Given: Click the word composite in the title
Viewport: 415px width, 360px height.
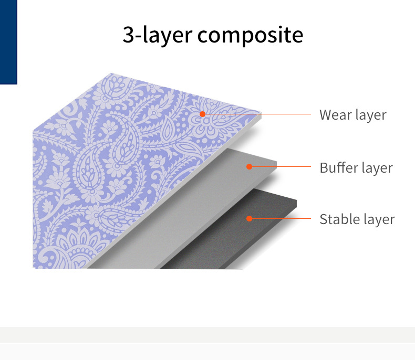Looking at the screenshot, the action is click(x=250, y=35).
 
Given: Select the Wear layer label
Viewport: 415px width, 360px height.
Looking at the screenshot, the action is click(x=352, y=115).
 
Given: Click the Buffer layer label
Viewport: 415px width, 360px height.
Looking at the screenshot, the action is click(x=356, y=168).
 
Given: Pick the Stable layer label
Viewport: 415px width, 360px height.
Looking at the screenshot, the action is click(x=357, y=219).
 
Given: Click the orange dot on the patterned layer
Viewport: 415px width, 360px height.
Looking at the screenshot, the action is click(x=202, y=114).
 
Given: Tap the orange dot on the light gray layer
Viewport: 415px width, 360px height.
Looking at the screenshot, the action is click(x=250, y=167).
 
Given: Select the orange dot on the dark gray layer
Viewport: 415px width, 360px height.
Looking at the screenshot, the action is click(x=250, y=218).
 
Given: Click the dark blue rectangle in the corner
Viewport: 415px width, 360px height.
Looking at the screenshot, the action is click(x=8, y=42).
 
